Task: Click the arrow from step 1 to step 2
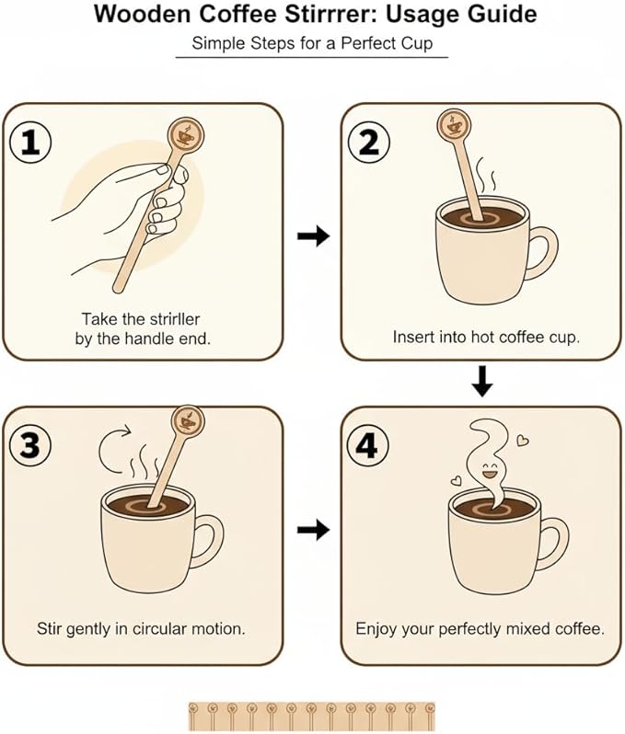point(313,236)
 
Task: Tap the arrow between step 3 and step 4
point(313,530)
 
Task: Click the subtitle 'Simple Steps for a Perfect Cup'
point(311,43)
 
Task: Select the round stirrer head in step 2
point(452,124)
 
